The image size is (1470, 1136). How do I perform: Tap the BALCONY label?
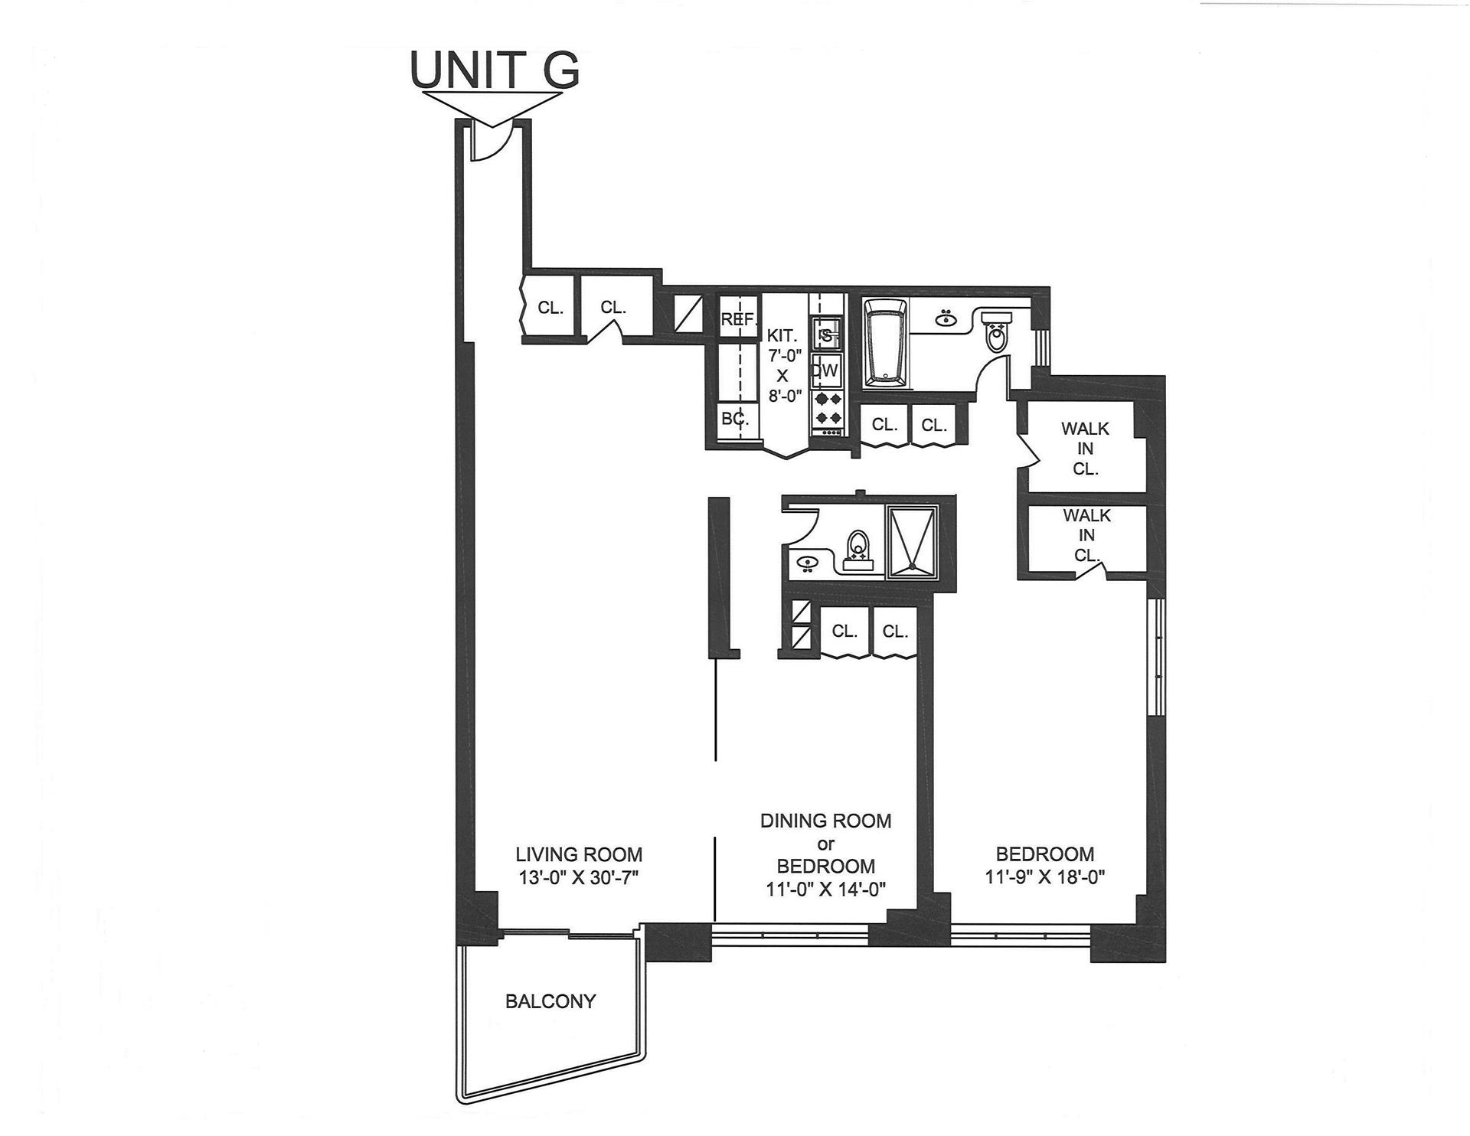click(x=550, y=1001)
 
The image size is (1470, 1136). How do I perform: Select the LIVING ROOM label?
click(x=578, y=854)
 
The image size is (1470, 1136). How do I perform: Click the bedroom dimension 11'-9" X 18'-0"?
click(x=1045, y=877)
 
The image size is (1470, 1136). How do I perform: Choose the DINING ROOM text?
click(x=825, y=821)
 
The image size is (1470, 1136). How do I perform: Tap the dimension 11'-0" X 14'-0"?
click(x=825, y=890)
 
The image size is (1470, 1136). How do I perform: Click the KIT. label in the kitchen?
click(x=782, y=335)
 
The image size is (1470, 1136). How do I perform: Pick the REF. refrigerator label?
click(x=739, y=320)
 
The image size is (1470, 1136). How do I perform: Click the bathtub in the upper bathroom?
click(x=885, y=342)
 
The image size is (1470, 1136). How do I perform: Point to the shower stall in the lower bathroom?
click(x=911, y=541)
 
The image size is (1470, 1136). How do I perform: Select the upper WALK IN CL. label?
click(x=1085, y=449)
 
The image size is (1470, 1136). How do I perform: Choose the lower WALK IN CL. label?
click(x=1086, y=535)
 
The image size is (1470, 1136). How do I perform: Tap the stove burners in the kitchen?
click(x=826, y=408)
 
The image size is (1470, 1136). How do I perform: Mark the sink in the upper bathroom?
click(x=944, y=318)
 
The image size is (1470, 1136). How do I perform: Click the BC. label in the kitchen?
click(x=734, y=419)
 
